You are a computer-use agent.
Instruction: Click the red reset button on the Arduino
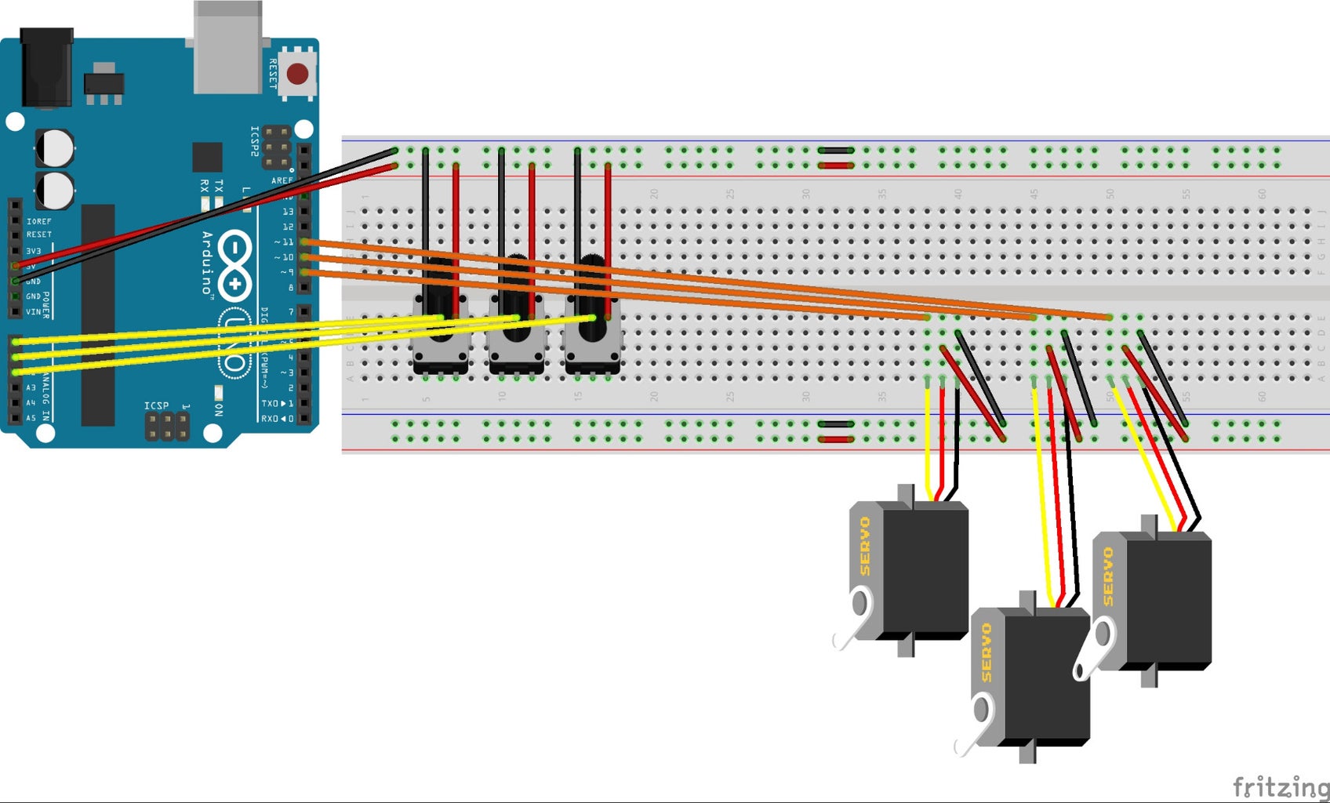[x=297, y=74]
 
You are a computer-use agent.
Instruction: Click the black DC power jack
[x=46, y=68]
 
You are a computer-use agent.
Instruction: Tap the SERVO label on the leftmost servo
[x=865, y=546]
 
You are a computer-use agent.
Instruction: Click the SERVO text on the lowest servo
[x=987, y=652]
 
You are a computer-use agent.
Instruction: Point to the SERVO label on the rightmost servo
[x=1108, y=576]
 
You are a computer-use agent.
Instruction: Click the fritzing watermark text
[x=1280, y=786]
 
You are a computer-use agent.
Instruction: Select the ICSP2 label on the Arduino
[x=254, y=141]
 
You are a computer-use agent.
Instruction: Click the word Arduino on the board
[x=207, y=263]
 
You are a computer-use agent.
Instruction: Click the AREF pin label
[x=281, y=180]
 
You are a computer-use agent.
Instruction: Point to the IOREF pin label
[x=38, y=222]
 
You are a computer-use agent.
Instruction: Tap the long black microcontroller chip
[x=98, y=314]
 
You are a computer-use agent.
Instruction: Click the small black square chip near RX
[x=207, y=157]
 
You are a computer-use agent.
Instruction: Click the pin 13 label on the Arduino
[x=288, y=212]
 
